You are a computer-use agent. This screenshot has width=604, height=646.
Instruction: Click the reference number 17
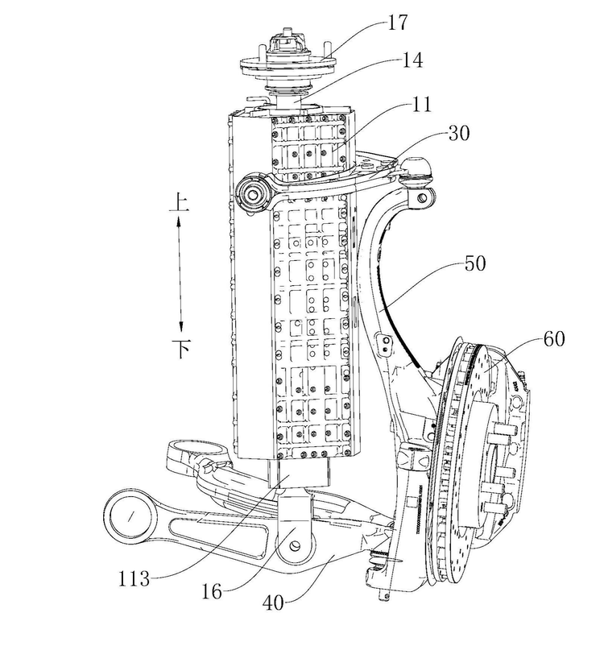coord(397,23)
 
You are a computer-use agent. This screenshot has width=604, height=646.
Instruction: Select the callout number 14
coord(412,60)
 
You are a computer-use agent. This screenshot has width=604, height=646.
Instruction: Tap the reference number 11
coord(421,104)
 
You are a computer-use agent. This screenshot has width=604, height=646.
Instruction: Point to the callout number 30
coord(458,133)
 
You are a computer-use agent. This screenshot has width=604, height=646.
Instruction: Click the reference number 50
coord(475,263)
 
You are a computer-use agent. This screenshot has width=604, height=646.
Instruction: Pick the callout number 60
coord(554,339)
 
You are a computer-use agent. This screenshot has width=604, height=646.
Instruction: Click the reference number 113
coord(134,579)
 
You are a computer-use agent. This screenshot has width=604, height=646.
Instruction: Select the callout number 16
coord(212,592)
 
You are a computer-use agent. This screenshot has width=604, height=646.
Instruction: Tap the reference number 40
coord(273,603)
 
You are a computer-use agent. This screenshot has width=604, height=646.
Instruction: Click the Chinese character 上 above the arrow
coord(180,203)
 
